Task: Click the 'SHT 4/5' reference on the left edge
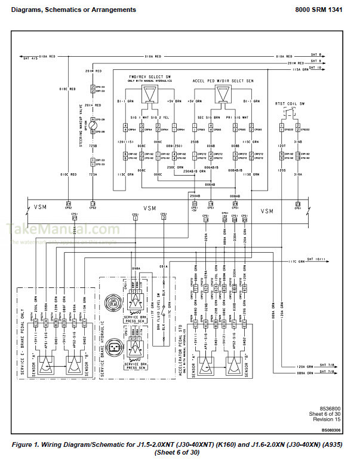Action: coord(30,57)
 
